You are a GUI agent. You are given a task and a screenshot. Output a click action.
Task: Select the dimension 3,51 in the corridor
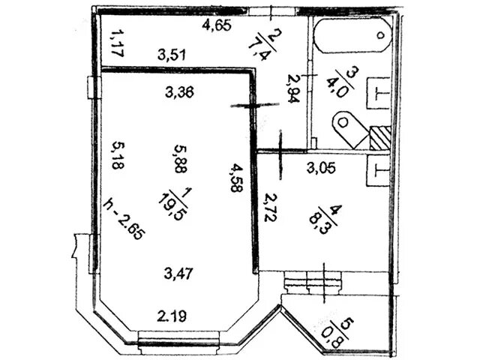[x=171, y=54]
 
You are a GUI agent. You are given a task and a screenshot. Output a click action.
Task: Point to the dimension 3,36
[x=178, y=93]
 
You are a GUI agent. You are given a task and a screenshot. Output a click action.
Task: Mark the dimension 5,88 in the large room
[x=178, y=159]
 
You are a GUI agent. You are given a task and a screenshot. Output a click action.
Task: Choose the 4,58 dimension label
[x=236, y=178]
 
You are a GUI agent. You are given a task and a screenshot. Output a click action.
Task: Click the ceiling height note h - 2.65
[x=124, y=217]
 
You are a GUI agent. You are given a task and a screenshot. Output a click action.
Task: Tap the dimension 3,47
[x=178, y=274]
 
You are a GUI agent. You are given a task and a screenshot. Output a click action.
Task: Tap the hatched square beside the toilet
[x=379, y=138]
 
